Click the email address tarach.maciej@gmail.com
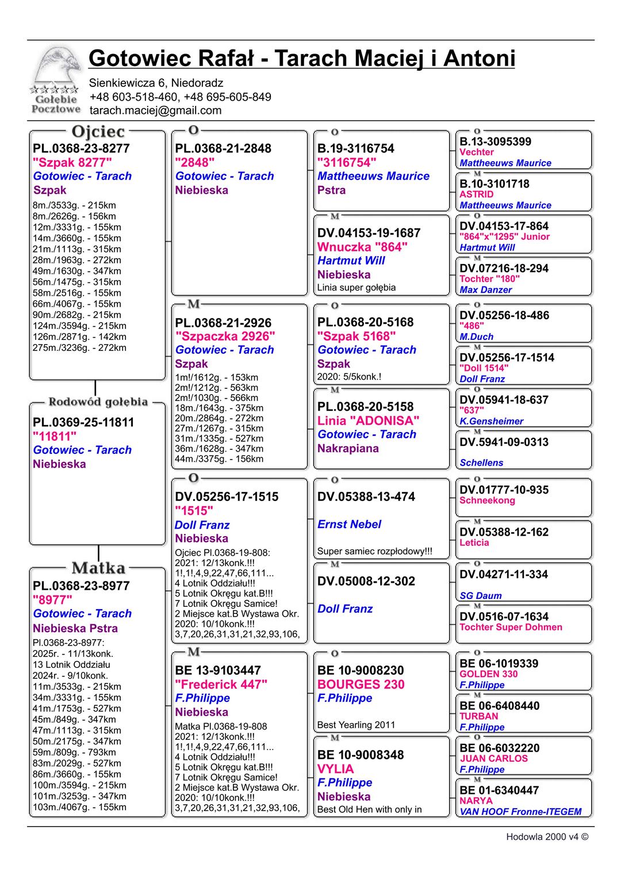click(155, 110)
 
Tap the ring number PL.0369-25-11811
click(83, 422)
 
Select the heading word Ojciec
click(98, 132)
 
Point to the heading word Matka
click(98, 568)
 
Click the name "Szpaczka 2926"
click(225, 336)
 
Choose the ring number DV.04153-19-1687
click(369, 233)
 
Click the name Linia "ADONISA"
click(368, 421)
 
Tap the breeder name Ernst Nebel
click(349, 524)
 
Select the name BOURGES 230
click(361, 684)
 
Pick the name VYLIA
click(335, 769)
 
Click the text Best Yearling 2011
click(356, 725)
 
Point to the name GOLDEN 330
click(488, 674)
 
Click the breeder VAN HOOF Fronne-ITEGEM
click(520, 812)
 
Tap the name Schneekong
click(487, 500)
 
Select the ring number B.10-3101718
click(494, 184)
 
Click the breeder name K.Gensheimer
click(491, 421)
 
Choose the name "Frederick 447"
click(221, 684)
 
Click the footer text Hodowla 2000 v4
click(546, 837)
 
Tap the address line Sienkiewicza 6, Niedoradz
click(156, 83)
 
